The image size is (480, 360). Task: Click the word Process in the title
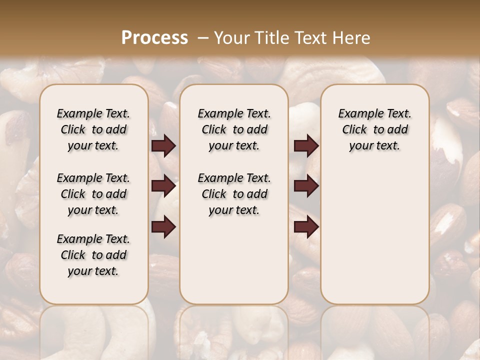click(x=154, y=38)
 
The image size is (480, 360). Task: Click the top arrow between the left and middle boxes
click(x=163, y=146)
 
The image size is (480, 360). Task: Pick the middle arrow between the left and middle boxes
click(x=163, y=186)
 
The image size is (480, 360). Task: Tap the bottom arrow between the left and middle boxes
click(x=163, y=226)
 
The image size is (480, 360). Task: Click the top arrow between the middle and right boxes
click(x=306, y=146)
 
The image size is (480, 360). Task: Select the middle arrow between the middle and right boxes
click(x=306, y=186)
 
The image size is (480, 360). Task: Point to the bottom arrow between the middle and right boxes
click(x=306, y=226)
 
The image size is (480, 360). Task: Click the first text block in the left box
click(x=93, y=129)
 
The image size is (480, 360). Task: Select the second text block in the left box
click(x=93, y=194)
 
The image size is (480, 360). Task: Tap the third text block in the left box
click(x=93, y=255)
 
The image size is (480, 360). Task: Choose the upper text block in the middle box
click(x=234, y=129)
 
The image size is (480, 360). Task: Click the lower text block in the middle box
click(x=234, y=194)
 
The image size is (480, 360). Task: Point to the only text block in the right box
click(x=374, y=129)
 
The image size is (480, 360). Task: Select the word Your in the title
click(x=231, y=38)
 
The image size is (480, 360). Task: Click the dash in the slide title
click(x=202, y=38)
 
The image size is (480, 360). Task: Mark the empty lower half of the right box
click(x=374, y=235)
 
